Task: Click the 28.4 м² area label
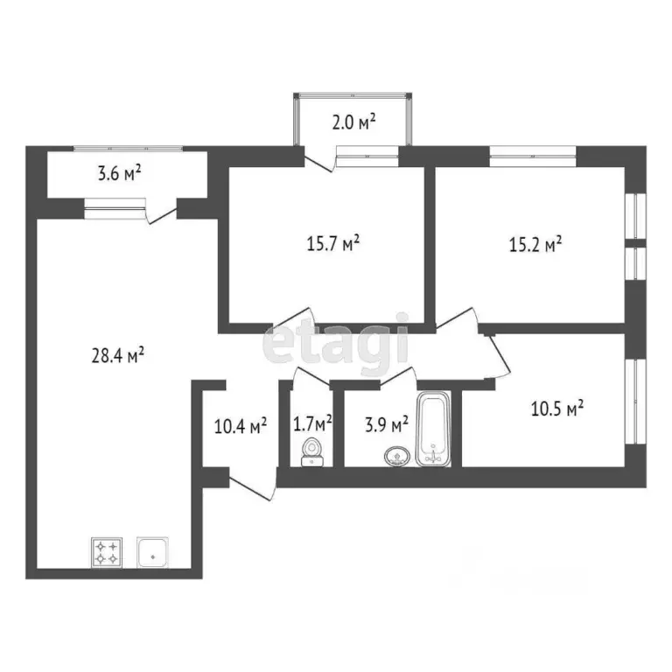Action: (116, 355)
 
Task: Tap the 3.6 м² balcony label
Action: (119, 173)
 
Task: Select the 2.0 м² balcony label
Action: (353, 122)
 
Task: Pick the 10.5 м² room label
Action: (556, 408)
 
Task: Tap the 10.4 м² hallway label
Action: (241, 426)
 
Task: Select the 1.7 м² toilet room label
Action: (312, 424)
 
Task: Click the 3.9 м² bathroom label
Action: (385, 425)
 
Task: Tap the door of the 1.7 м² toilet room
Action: (309, 376)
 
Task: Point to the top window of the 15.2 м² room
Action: (531, 158)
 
